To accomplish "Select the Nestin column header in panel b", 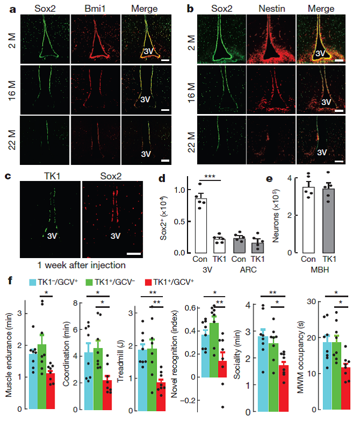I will point(271,9).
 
